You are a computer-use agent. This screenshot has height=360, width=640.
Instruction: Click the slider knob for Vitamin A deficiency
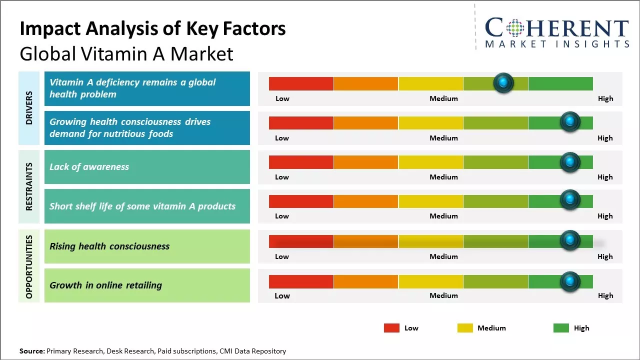[x=503, y=82]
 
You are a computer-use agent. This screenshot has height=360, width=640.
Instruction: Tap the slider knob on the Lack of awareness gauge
[x=569, y=162]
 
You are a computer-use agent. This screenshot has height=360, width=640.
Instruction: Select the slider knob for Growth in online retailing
[x=569, y=281]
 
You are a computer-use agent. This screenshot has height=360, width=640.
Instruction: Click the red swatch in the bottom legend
[x=391, y=328]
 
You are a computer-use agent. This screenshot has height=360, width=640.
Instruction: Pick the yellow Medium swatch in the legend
[x=465, y=328]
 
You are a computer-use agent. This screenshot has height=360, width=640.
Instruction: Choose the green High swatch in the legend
[x=561, y=328]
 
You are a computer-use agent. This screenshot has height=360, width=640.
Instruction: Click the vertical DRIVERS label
[x=29, y=108]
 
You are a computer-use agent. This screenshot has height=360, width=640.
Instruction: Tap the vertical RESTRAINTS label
[x=29, y=186]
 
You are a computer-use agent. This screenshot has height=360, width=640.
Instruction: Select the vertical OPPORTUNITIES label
[x=29, y=266]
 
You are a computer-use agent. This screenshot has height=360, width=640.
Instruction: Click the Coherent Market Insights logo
[x=556, y=32]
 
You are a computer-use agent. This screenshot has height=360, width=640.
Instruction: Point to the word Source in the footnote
[x=31, y=351]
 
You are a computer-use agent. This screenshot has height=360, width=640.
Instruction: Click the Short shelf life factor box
[x=147, y=206]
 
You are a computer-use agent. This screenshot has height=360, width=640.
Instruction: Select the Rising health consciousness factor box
[x=147, y=246]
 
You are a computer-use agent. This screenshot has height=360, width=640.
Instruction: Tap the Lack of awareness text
[x=89, y=167]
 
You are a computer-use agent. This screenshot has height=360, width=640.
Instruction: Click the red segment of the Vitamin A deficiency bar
[x=301, y=83]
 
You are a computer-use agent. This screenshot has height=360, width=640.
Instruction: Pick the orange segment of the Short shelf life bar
[x=365, y=201]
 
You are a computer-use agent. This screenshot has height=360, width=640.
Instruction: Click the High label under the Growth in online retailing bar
[x=605, y=295]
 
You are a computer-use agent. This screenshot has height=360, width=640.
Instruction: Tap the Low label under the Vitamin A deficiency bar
[x=282, y=98]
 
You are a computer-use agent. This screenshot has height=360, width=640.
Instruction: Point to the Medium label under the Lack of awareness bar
[x=443, y=177]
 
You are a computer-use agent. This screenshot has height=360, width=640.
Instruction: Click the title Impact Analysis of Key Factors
[x=152, y=28]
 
